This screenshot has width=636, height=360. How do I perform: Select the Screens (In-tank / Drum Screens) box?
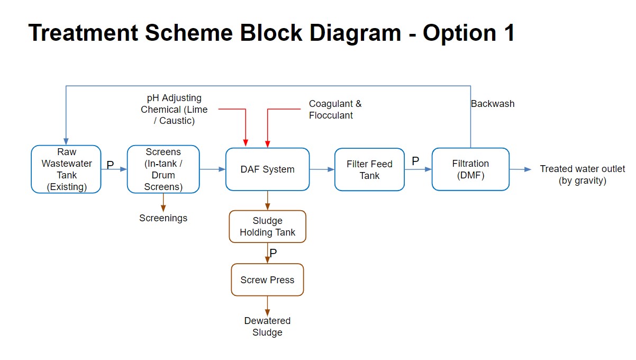pyautogui.click(x=163, y=169)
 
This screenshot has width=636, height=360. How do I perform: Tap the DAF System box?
pyautogui.click(x=267, y=169)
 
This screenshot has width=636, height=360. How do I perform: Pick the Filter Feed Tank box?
pyautogui.click(x=369, y=169)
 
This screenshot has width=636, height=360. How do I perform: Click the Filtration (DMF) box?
pyautogui.click(x=470, y=169)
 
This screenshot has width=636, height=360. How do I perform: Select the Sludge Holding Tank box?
pyautogui.click(x=267, y=227)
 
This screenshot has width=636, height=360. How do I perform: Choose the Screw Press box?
pyautogui.click(x=267, y=280)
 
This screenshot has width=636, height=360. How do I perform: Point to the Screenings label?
pyautogui.click(x=163, y=218)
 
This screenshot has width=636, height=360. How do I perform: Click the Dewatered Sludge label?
pyautogui.click(x=267, y=327)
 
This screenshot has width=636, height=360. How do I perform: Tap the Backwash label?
pyautogui.click(x=493, y=104)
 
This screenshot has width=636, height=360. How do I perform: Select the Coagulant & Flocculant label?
pyautogui.click(x=335, y=110)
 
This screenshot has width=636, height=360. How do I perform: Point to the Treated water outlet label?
pyautogui.click(x=582, y=175)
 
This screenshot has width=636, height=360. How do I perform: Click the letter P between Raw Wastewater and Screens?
pyautogui.click(x=110, y=165)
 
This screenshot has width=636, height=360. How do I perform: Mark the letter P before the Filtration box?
pyautogui.click(x=415, y=161)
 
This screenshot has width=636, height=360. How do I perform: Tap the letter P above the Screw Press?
pyautogui.click(x=273, y=254)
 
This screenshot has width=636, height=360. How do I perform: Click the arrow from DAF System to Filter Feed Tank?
pyautogui.click(x=322, y=169)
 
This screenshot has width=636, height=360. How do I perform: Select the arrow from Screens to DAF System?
pyautogui.click(x=213, y=169)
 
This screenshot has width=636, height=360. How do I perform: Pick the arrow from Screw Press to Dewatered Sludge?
pyautogui.click(x=267, y=305)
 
